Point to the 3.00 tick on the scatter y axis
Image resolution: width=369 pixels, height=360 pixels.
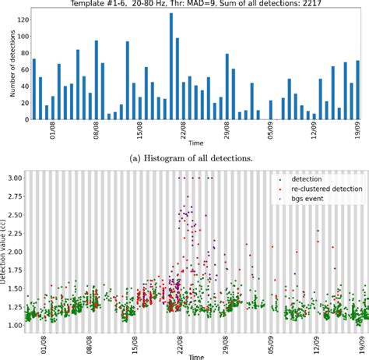pyautogui.click(x=14, y=178)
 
